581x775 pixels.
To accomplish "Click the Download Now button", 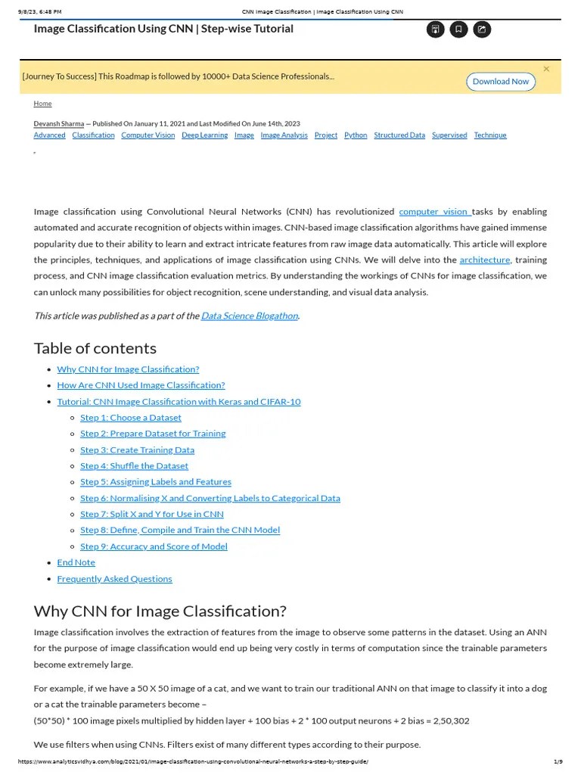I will pyautogui.click(x=500, y=82).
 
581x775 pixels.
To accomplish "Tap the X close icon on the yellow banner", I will pyautogui.click(x=546, y=69).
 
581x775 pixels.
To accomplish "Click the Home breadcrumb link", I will pyautogui.click(x=42, y=104).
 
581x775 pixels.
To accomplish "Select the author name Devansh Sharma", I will pyautogui.click(x=59, y=123).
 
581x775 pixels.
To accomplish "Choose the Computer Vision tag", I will pyautogui.click(x=148, y=135).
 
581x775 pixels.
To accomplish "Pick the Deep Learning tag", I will pyautogui.click(x=204, y=135).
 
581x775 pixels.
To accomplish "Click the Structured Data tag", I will pyautogui.click(x=399, y=135).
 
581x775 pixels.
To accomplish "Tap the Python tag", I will pyautogui.click(x=356, y=135).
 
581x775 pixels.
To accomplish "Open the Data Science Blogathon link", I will pyautogui.click(x=250, y=316).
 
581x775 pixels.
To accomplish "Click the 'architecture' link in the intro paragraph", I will pyautogui.click(x=485, y=260).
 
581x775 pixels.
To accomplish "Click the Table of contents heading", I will pyautogui.click(x=95, y=348).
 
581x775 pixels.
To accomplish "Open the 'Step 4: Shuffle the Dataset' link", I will pyautogui.click(x=134, y=465).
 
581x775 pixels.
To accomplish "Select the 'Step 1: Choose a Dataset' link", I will pyautogui.click(x=131, y=417).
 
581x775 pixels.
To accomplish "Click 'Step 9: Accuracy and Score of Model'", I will pyautogui.click(x=154, y=546).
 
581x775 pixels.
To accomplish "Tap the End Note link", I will pyautogui.click(x=76, y=562).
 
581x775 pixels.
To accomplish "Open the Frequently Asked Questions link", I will pyautogui.click(x=114, y=578).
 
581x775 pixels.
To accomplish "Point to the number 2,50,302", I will pyautogui.click(x=449, y=721).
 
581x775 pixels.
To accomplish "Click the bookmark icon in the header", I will pyautogui.click(x=458, y=30).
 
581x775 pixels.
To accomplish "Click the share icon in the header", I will pyautogui.click(x=482, y=30).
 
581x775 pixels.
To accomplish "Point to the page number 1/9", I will pyautogui.click(x=558, y=761).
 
